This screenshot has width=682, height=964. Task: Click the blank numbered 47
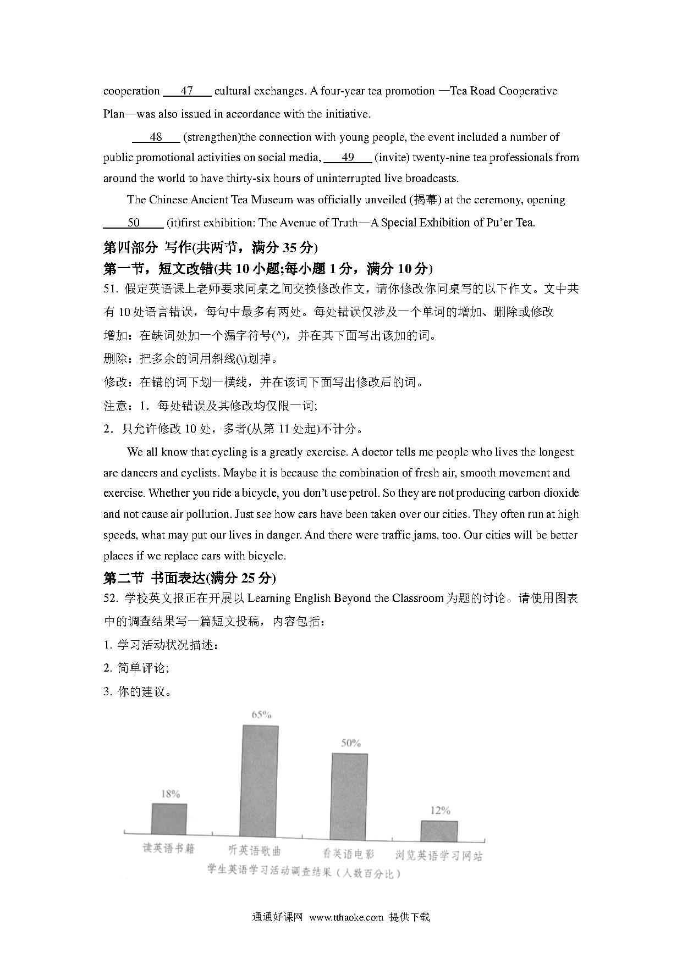click(187, 91)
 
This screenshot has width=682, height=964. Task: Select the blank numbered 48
click(156, 137)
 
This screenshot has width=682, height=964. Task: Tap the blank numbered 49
click(348, 158)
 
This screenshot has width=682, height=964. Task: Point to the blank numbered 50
click(134, 223)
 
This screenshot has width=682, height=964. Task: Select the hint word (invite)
click(392, 158)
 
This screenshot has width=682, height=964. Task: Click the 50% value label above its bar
click(350, 743)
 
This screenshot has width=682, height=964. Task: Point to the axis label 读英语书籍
click(169, 849)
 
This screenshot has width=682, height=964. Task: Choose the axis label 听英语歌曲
click(255, 850)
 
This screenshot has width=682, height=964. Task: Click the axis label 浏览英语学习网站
click(439, 856)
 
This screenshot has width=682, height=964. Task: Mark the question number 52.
click(110, 599)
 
